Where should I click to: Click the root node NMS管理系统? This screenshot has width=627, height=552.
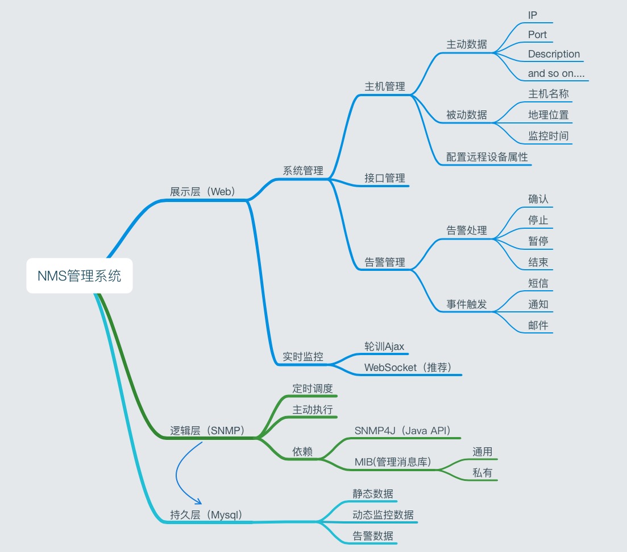pos(79,276)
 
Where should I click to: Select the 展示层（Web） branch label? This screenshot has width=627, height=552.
pos(203,191)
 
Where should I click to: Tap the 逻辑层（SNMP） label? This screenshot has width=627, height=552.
pos(207,430)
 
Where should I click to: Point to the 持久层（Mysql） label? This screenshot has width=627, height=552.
pos(206,515)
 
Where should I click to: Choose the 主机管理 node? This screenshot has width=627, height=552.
pos(385,86)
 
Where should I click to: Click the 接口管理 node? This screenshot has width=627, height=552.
pos(385,178)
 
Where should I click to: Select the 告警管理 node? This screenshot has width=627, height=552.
pos(385,262)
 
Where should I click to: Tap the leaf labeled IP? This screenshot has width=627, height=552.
pos(533,15)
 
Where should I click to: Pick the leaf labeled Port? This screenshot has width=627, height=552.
pos(537,34)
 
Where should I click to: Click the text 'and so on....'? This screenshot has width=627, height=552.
pos(556,73)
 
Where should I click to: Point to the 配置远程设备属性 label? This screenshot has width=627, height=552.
pos(487,157)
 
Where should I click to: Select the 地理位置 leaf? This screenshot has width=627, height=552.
pos(548,114)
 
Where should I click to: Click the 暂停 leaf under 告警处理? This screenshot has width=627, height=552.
pos(538,241)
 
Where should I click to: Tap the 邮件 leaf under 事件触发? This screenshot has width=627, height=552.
pos(538,325)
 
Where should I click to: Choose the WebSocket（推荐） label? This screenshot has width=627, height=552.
pos(408,367)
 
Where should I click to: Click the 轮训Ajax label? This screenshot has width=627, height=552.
pos(384,346)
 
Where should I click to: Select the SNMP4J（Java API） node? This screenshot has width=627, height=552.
pos(402,430)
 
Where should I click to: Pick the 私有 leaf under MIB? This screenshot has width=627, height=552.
pos(483,472)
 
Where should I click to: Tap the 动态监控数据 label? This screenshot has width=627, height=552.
pos(383,515)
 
